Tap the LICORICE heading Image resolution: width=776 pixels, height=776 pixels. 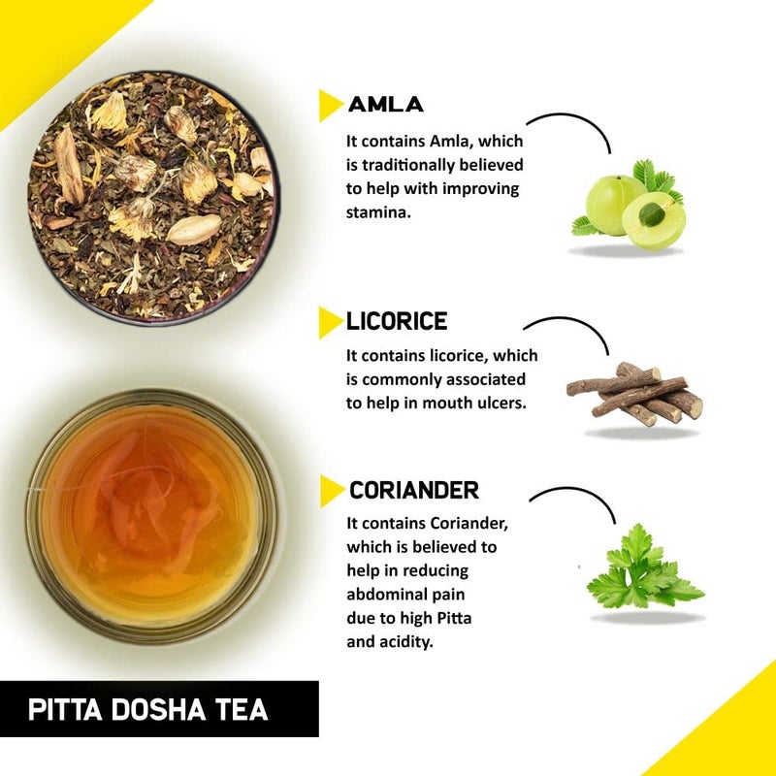[x=397, y=322]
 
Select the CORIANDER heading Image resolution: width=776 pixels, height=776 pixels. [x=413, y=491]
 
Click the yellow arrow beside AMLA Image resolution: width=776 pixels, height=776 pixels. [x=331, y=105]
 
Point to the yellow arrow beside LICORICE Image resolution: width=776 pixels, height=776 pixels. [x=331, y=322]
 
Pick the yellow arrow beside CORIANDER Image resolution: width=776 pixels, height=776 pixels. [x=332, y=491]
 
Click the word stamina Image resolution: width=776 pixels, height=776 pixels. [x=378, y=211]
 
